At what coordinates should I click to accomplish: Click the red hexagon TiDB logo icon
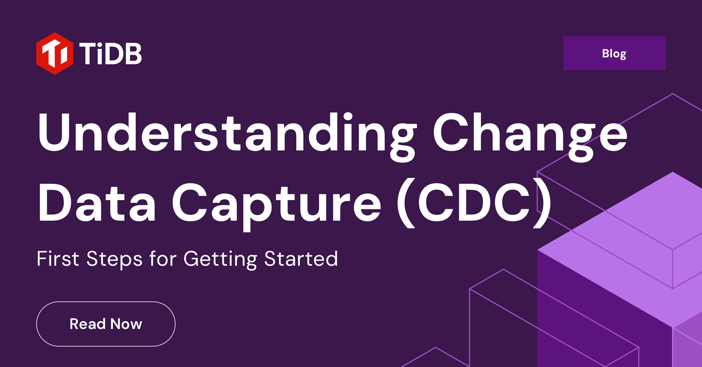pos(55,54)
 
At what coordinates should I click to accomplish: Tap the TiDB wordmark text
pos(110,54)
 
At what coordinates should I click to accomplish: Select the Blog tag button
pos(614,53)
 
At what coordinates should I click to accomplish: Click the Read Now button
pos(106,324)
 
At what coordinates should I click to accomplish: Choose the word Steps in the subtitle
pos(114,259)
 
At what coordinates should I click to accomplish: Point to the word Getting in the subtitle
pos(220,259)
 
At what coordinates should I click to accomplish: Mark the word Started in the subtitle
pos(301,259)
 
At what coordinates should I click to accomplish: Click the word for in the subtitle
pos(163,259)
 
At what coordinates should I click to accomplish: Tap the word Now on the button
pos(126,324)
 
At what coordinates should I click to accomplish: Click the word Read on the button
pos(87,324)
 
